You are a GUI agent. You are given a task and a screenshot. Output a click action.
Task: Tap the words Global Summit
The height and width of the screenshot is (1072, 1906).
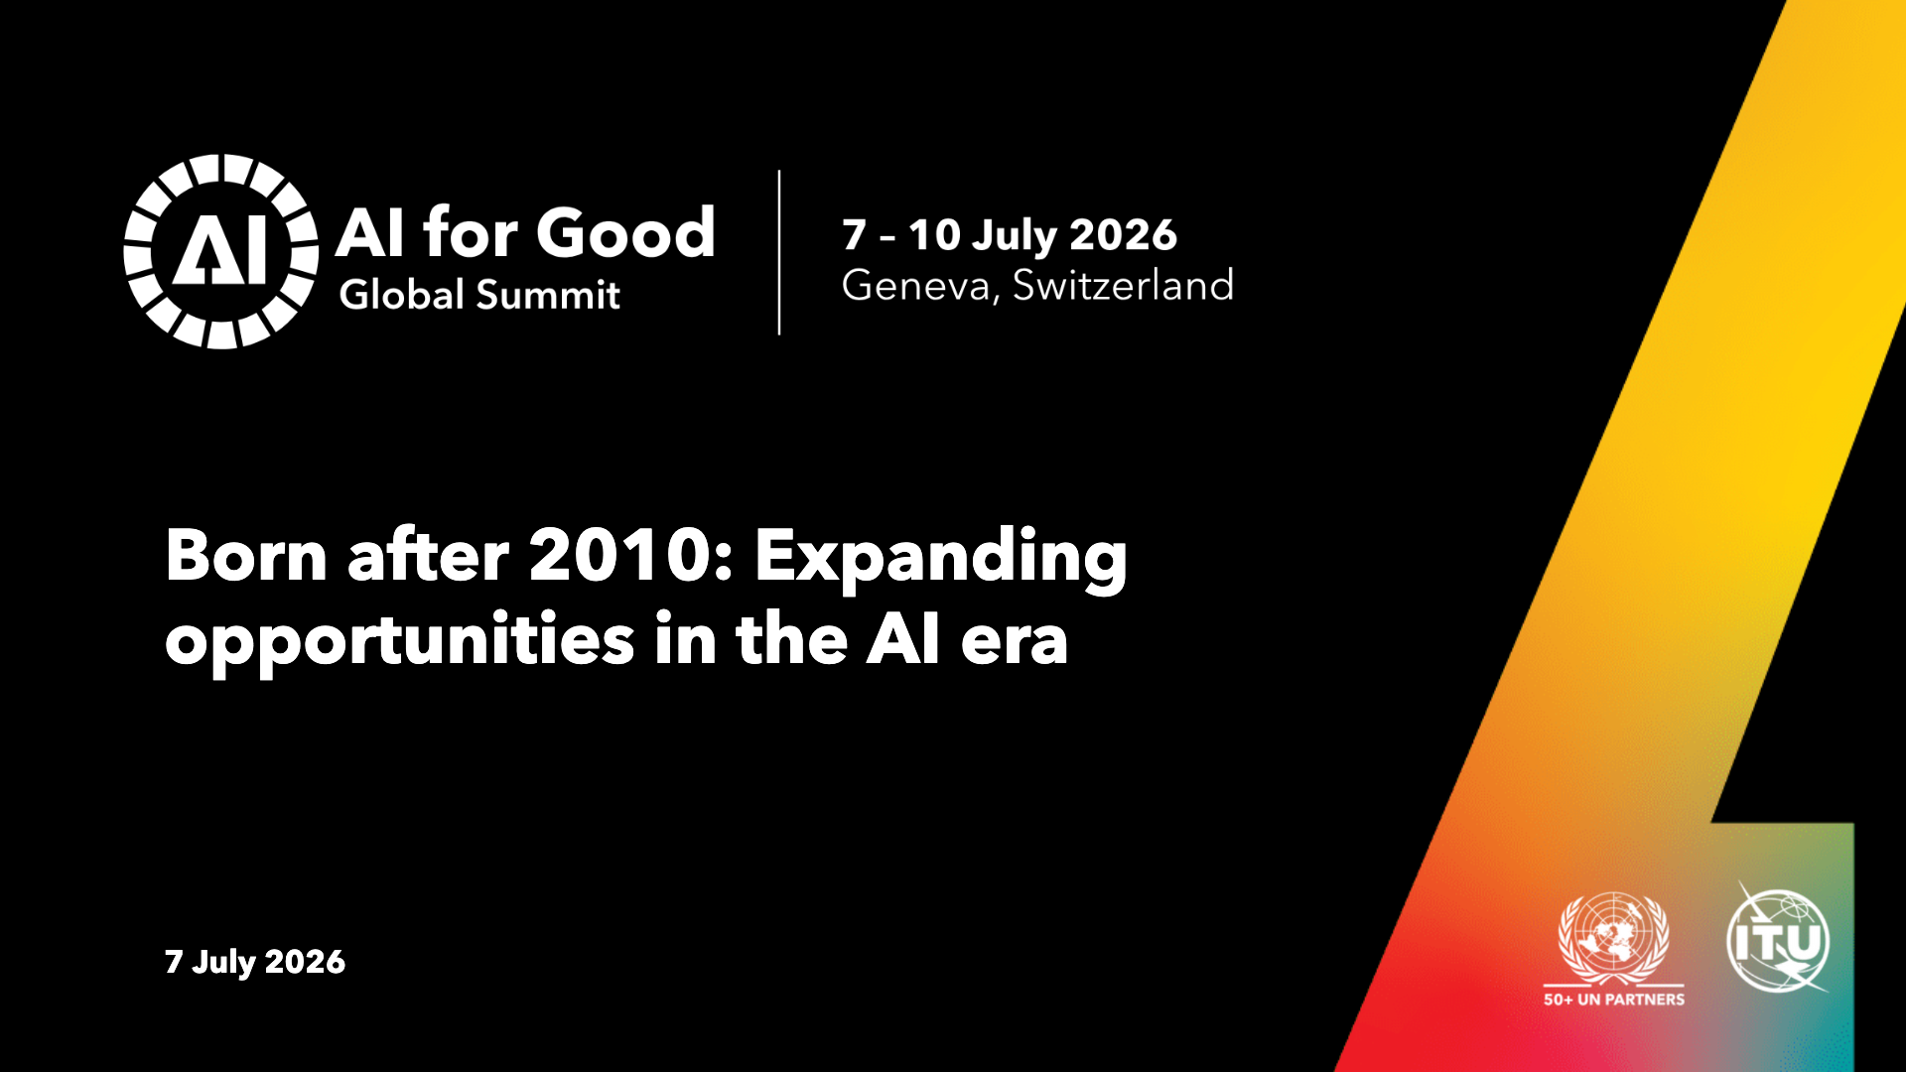coord(479,295)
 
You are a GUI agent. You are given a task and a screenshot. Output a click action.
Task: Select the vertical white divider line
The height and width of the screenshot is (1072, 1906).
coord(779,252)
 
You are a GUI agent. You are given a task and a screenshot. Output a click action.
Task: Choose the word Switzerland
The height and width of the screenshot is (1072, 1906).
coord(1123,285)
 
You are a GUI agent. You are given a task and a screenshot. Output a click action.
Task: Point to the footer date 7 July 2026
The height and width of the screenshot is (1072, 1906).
coord(255,962)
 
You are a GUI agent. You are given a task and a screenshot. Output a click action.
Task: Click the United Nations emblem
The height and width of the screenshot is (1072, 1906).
coord(1614,938)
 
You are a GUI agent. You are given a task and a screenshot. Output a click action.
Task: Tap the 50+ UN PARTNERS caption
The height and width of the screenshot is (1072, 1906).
coord(1614,1000)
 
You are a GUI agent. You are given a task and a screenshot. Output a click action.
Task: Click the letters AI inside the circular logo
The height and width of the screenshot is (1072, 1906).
coord(220,250)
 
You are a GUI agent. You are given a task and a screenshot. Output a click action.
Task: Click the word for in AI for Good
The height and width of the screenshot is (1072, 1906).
coord(471,232)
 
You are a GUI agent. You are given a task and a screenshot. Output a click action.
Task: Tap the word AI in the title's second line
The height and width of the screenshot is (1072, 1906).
coord(902,640)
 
